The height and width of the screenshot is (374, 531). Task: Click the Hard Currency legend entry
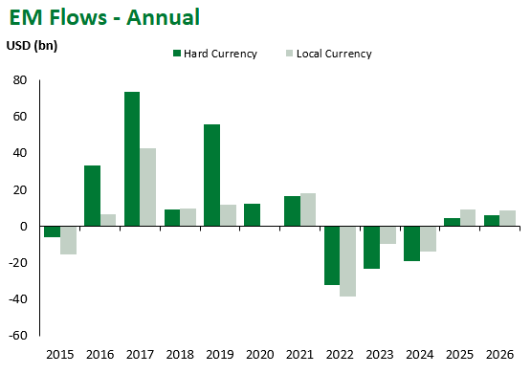point(214,54)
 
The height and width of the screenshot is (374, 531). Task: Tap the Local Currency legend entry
point(327,54)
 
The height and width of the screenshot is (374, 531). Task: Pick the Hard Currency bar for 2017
point(132,159)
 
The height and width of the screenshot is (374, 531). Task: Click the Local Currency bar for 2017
point(148,187)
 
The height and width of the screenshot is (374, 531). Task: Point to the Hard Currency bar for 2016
point(92,196)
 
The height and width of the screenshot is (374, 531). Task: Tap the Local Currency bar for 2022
point(348,261)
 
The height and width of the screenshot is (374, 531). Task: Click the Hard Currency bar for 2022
point(332,255)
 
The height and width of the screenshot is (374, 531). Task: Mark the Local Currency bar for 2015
point(68,240)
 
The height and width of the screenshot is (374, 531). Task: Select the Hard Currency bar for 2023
point(371,247)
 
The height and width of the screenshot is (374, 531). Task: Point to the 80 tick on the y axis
point(19,80)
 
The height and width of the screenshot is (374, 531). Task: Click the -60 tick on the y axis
point(17,337)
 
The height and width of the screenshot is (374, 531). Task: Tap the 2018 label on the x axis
point(180,354)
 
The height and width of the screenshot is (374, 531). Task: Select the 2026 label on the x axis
point(499,354)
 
